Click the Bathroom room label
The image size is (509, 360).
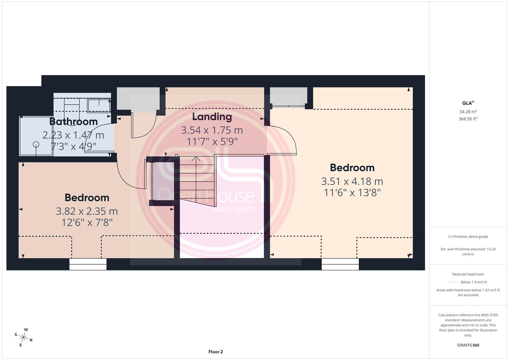tap(74, 122)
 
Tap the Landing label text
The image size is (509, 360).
tap(212, 117)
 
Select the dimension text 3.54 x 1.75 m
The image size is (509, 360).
tap(212, 130)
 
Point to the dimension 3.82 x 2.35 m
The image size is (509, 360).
tap(87, 211)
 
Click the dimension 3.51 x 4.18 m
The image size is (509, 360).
tap(352, 181)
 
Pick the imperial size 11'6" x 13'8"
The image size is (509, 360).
tap(352, 193)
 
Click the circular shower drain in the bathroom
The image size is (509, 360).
tap(36, 144)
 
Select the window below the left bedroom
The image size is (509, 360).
tap(88, 264)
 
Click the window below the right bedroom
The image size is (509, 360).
tap(340, 264)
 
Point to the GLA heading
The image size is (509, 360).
tap(468, 103)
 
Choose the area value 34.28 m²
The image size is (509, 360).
tap(468, 112)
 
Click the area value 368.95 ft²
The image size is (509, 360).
tap(468, 119)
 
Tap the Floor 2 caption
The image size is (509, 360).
tap(215, 352)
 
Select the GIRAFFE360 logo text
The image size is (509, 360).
tap(468, 345)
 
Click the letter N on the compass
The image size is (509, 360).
tap(31, 340)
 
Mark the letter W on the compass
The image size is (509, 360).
tap(26, 330)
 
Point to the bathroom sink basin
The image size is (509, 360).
tap(99, 105)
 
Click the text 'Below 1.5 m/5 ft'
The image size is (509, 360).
tap(474, 282)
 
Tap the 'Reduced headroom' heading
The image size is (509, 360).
tap(468, 274)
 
